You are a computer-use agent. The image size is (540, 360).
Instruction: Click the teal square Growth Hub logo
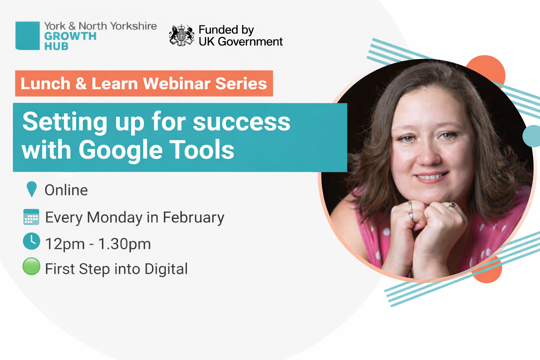27,36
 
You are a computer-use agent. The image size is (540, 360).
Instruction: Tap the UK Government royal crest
181,35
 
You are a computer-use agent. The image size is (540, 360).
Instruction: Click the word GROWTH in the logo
70,36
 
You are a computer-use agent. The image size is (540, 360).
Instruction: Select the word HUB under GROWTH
56,46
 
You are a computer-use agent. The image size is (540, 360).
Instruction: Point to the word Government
250,41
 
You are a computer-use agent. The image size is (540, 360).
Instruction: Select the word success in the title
242,122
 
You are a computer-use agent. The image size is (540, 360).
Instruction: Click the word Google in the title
121,150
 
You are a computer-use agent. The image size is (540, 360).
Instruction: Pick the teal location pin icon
32,189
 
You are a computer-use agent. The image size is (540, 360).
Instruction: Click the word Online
66,190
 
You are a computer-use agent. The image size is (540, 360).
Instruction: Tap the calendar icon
31,217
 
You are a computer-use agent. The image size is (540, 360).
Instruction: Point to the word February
193,218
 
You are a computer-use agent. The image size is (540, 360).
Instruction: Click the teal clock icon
31,241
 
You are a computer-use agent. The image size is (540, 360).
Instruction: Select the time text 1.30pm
124,244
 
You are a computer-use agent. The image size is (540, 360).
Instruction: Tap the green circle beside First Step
31,266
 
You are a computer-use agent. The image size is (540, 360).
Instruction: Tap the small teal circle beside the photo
531,136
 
